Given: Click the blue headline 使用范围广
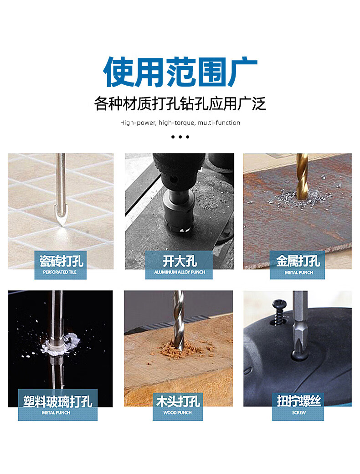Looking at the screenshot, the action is pos(180,72).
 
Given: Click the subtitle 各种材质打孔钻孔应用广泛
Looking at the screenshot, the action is pos(180,104).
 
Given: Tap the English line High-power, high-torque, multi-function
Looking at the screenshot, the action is pos(180,123).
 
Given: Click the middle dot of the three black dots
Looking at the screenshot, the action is pos(180,137).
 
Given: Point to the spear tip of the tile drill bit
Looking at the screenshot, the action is pos(62,225).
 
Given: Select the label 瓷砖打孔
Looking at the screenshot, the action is pos(61,261).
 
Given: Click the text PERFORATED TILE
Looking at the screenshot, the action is pos(60,272).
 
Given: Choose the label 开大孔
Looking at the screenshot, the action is pos(180,261).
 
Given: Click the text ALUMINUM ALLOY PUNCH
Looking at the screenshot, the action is pos(180,272).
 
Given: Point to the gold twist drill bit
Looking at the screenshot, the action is pos(301,175).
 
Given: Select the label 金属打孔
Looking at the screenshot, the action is pos(298,261).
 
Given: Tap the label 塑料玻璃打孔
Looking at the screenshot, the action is pos(58,402).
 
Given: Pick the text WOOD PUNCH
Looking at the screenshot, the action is pos(178,412).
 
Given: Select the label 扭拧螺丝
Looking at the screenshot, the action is pos(298,402).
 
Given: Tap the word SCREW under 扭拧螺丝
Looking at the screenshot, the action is pos(298,412).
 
